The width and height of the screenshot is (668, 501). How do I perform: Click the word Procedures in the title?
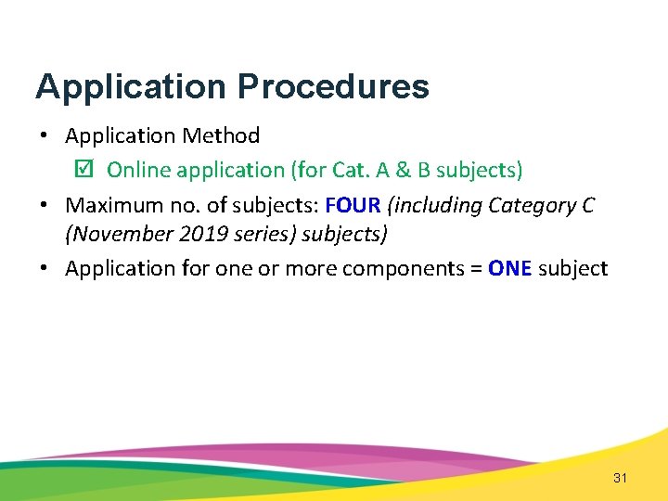pos(333,87)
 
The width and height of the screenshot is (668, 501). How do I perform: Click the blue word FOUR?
pos(353,204)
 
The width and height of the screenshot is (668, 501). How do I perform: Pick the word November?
pos(113,234)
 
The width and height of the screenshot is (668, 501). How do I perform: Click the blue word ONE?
pos(509,269)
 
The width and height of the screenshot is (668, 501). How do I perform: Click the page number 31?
pos(621,478)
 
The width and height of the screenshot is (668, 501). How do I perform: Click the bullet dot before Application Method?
pos(45,136)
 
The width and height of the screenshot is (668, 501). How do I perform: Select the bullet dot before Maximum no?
pos(45,205)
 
